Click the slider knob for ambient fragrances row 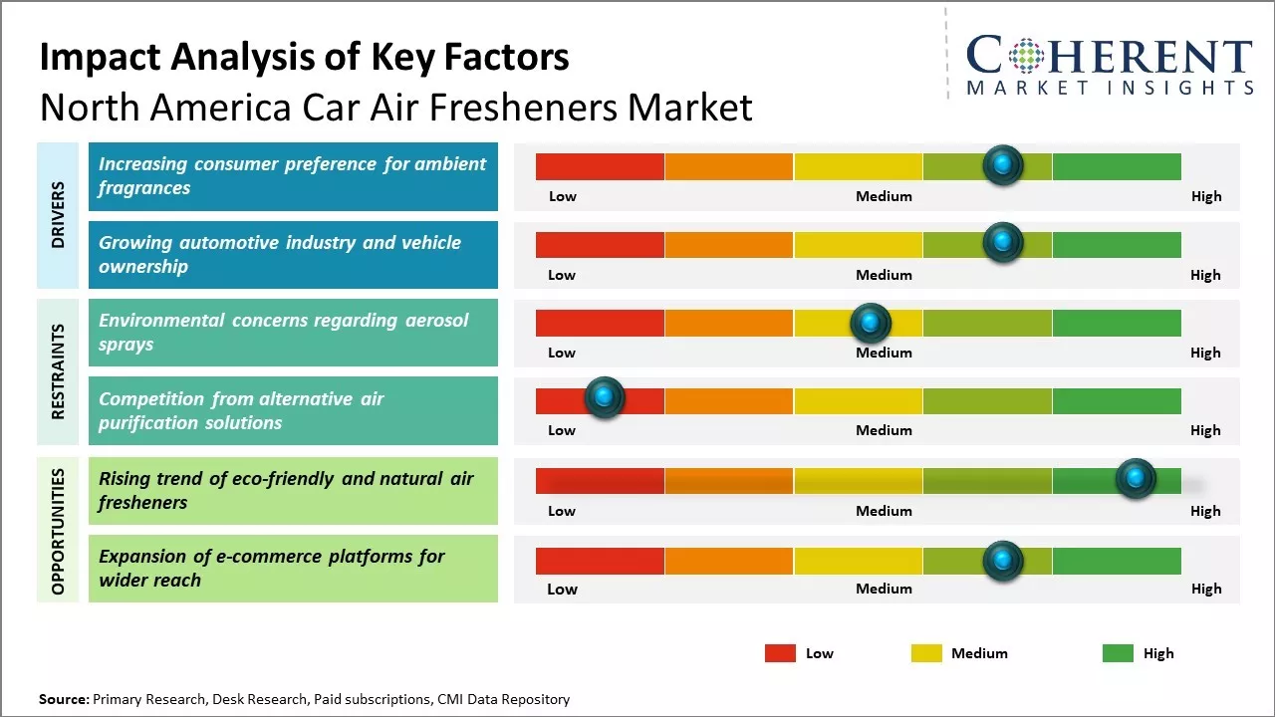1003,164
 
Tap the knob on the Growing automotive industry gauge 1003,242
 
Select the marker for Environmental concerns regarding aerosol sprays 871,323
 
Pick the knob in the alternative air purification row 604,398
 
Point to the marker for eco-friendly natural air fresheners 1135,479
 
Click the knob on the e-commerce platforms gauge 1003,561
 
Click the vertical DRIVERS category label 58,215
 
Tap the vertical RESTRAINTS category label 58,371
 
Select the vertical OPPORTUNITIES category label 58,531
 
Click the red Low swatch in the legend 780,653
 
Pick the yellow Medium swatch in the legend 926,653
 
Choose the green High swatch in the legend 1118,653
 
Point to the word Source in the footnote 63,699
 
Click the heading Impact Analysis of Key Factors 304,58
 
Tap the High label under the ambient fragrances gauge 1205,196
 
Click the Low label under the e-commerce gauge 562,589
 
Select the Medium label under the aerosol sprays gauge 884,353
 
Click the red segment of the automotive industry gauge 600,245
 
